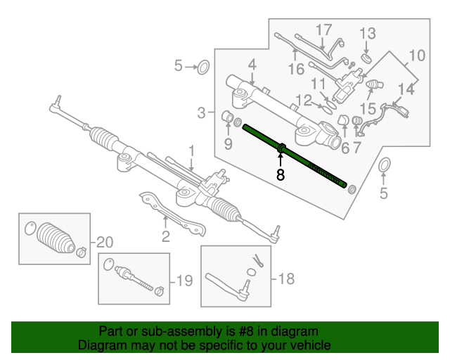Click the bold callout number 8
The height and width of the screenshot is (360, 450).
tap(281, 175)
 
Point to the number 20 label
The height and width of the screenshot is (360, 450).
tap(104, 243)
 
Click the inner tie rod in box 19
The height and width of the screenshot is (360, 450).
tap(134, 277)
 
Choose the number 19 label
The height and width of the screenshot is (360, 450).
tap(184, 282)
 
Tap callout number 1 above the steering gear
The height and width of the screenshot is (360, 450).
tap(191, 150)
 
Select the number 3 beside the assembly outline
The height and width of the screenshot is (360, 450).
tap(201, 112)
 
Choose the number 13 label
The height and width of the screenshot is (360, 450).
tap(368, 33)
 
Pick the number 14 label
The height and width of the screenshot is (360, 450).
tap(406, 89)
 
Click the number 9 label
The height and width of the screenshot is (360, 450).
tap(228, 144)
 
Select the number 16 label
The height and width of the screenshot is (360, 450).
tap(295, 68)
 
